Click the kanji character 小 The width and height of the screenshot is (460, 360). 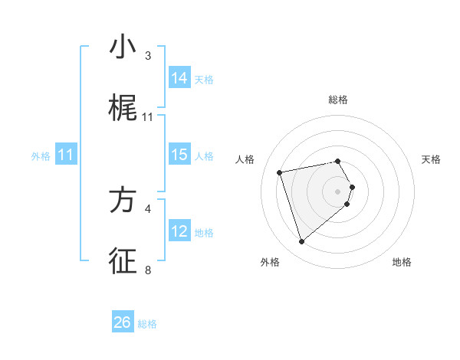123,47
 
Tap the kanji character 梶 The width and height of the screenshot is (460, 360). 123,110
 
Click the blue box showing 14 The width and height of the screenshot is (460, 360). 179,77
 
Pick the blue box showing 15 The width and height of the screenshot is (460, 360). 179,155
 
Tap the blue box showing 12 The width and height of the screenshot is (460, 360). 179,231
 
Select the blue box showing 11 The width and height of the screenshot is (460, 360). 66,155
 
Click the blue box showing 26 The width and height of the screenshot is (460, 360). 123,322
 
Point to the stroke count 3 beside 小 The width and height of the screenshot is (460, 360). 148,56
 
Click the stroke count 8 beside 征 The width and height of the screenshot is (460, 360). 148,270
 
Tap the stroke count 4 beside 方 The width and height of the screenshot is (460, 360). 148,208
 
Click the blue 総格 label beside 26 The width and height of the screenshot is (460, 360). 147,324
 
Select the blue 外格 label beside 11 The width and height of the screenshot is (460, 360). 40,156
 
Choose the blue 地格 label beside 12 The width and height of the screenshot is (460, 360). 204,232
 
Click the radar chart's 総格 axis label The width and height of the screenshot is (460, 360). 338,100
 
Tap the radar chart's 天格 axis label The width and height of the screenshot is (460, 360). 432,159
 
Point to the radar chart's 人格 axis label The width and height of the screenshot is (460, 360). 245,159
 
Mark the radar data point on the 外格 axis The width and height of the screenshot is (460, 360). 301,242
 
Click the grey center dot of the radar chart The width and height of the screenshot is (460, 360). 338,191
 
